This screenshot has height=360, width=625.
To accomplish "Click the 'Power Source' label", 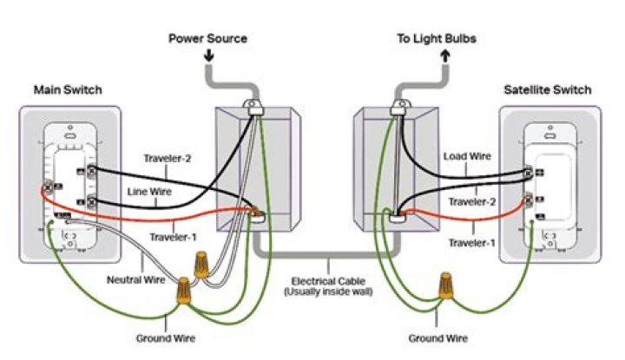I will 207,39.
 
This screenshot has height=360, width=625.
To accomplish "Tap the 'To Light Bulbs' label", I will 437,39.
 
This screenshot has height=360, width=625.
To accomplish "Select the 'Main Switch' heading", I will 68,90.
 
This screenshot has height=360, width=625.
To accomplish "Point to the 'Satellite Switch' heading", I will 547,90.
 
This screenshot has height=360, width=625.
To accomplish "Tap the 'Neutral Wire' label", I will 135,279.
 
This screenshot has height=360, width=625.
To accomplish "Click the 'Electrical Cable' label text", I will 329,281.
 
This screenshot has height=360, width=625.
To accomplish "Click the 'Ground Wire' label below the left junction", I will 166,337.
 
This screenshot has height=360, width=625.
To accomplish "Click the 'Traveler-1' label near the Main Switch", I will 173,237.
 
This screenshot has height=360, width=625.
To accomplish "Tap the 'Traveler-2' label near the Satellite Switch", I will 471,201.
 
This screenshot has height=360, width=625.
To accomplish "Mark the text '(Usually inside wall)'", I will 329,293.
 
